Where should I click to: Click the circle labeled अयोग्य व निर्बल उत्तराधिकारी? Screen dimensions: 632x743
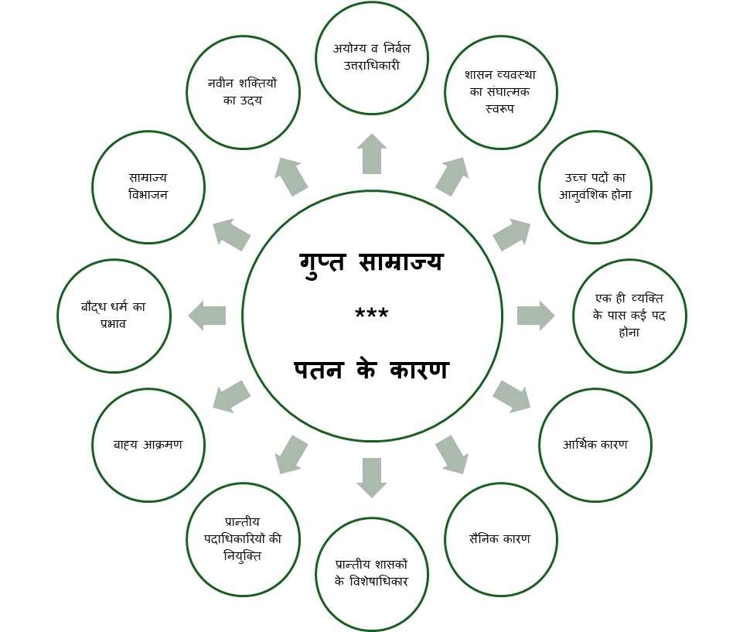coord(372,58)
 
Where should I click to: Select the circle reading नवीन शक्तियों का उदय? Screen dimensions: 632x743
coord(243,92)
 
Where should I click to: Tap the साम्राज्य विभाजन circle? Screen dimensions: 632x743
coord(148,187)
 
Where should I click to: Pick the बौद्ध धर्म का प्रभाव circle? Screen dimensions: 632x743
coord(114,316)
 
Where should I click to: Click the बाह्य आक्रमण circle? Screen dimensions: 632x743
coord(148,445)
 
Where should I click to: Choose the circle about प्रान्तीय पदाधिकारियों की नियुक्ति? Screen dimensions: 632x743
coord(243,539)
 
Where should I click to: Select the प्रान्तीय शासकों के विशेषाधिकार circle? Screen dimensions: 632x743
coord(372,574)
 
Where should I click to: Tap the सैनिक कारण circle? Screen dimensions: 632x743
coord(500,539)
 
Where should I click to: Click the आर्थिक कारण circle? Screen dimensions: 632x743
coord(595,445)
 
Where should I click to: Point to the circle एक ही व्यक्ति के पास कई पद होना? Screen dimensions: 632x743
coord(629,316)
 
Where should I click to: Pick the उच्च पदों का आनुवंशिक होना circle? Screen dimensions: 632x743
coord(595,187)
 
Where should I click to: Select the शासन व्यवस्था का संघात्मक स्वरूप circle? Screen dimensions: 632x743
coord(500,92)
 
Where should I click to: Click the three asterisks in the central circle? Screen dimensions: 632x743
coord(372,316)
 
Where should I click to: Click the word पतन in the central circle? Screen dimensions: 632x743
coord(319,370)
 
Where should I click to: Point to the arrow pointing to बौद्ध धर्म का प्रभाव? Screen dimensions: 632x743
coord(206,316)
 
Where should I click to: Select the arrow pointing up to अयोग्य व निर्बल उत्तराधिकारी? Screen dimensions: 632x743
coord(372,153)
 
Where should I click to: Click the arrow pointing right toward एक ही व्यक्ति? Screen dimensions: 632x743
coord(536,316)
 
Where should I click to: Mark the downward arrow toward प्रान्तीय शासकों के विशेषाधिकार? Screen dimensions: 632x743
coord(372,477)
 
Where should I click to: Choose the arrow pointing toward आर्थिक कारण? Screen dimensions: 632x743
coord(512,396)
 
